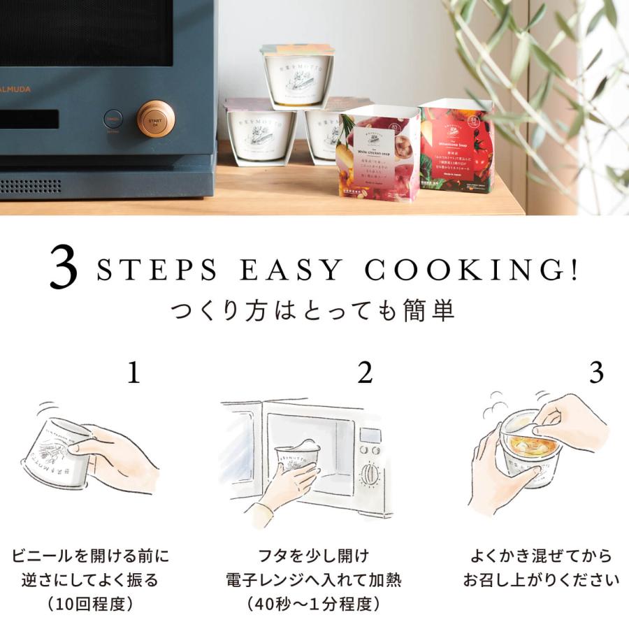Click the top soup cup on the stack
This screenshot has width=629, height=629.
click(298, 74)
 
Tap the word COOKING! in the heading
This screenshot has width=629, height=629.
click(475, 270)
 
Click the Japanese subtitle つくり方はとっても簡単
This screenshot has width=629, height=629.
click(313, 310)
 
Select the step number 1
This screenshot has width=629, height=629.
click(133, 373)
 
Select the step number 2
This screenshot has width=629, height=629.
click(365, 373)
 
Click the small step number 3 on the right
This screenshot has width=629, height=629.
click(595, 373)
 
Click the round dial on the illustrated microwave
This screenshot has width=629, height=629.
click(369, 475)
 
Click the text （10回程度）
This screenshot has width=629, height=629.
click(90, 602)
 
